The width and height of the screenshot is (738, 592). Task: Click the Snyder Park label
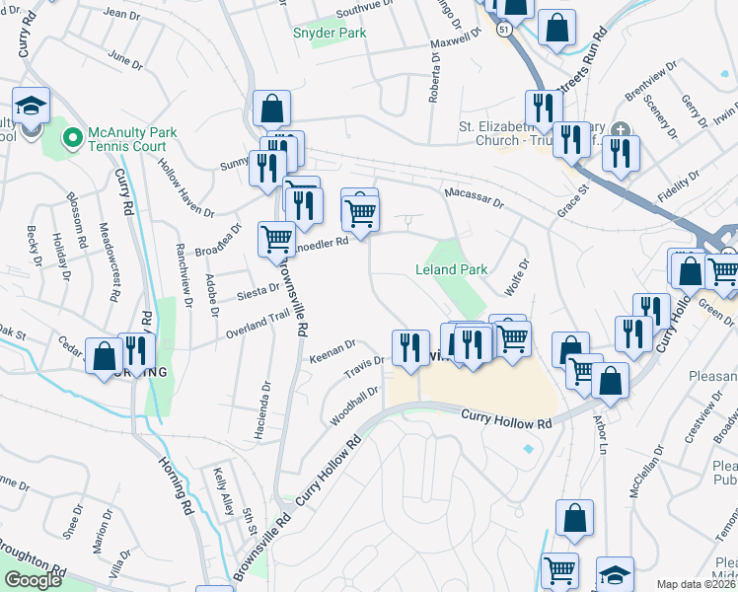[x=330, y=33]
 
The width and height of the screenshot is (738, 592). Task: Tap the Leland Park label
[x=451, y=269]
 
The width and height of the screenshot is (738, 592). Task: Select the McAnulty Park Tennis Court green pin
[x=72, y=139]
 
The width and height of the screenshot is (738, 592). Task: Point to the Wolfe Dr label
[x=518, y=271]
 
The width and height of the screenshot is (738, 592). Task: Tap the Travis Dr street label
[x=363, y=366]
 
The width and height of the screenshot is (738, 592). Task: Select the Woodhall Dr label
[x=354, y=406]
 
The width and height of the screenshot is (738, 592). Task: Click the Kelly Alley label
[x=224, y=491]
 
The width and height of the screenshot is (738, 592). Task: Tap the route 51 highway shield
[x=505, y=31]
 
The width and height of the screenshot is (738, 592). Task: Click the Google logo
[x=34, y=581]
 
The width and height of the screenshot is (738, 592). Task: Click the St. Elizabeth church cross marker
[x=619, y=130]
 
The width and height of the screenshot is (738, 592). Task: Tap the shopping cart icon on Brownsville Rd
[x=276, y=239]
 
